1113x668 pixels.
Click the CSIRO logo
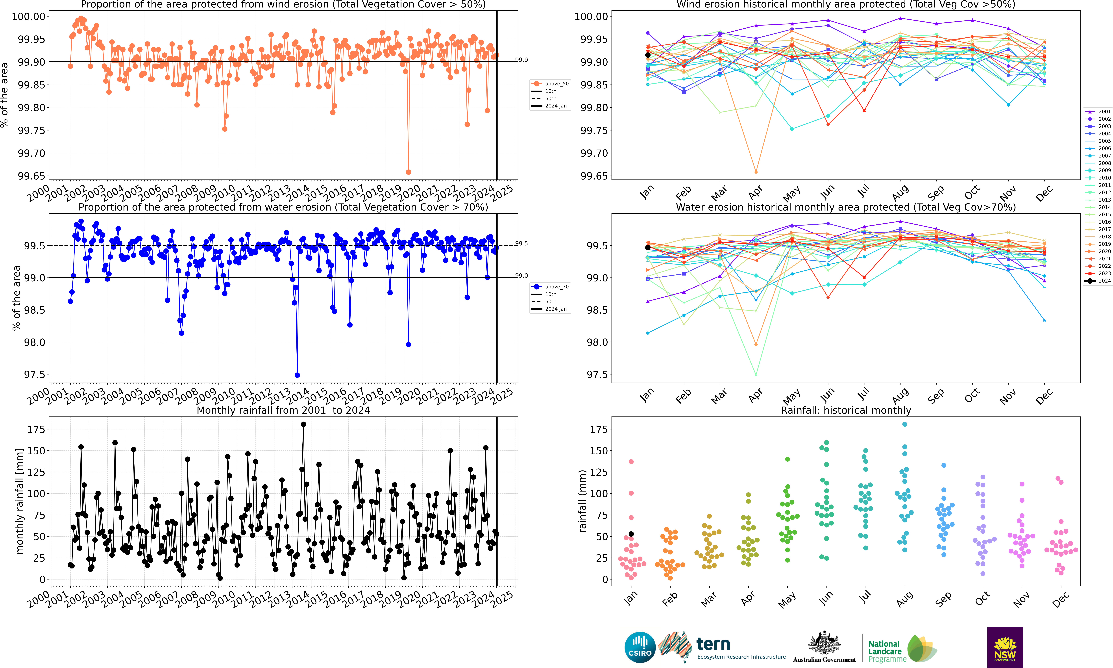pos(640,647)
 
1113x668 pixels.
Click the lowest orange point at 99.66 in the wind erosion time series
pos(408,172)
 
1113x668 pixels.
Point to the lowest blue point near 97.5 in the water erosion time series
pos(297,375)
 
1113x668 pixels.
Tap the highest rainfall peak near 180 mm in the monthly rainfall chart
pos(303,424)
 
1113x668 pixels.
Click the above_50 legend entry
pos(550,84)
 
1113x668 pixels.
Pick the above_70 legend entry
pos(550,287)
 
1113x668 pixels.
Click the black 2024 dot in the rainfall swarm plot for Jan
pos(631,534)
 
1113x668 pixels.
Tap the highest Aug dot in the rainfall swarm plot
pos(905,424)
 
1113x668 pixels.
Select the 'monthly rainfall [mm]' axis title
pos(19,501)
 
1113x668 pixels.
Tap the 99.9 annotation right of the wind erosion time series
pos(522,60)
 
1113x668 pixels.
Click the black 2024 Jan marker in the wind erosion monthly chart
pos(648,55)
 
